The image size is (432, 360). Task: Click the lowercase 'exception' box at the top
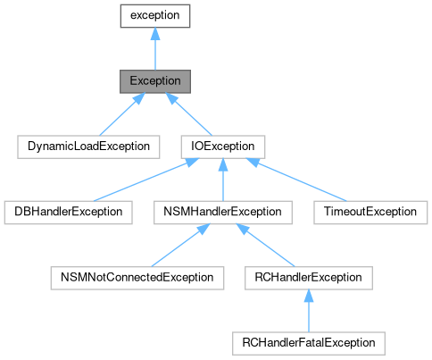click(x=155, y=15)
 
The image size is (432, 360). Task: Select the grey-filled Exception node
click(x=155, y=80)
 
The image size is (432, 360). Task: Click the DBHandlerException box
click(x=68, y=212)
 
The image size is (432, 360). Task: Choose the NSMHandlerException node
click(x=222, y=212)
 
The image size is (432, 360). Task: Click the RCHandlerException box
click(x=308, y=277)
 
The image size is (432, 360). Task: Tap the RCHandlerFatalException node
click(x=308, y=343)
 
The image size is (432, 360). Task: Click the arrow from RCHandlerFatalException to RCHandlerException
click(x=308, y=312)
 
